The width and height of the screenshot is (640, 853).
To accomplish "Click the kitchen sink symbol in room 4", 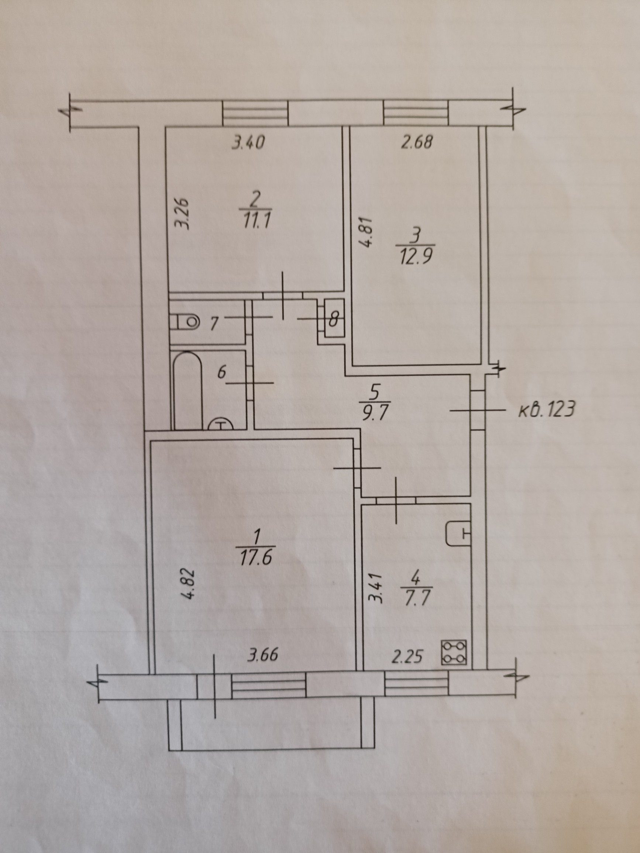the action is (459, 534).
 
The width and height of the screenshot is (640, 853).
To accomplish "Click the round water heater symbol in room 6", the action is (220, 424).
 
